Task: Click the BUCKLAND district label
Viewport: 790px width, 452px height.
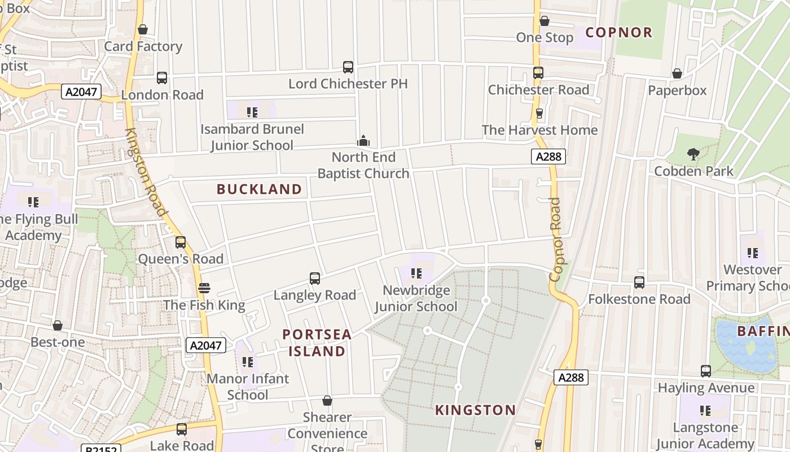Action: click(x=260, y=189)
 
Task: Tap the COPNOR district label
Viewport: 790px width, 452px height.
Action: click(x=618, y=32)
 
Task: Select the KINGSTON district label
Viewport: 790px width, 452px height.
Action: click(x=475, y=410)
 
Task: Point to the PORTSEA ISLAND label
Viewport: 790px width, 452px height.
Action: click(x=317, y=342)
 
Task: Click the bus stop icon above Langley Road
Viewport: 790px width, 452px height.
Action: click(x=315, y=278)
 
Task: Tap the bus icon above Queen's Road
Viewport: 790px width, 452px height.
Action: click(x=181, y=242)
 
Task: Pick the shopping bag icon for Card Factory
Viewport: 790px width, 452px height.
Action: click(x=143, y=29)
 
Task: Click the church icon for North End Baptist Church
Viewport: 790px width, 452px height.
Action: click(x=363, y=140)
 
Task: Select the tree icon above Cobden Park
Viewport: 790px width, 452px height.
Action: click(x=693, y=154)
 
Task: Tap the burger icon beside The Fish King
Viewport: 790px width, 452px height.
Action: click(x=204, y=288)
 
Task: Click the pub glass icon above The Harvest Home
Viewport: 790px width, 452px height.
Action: click(x=539, y=113)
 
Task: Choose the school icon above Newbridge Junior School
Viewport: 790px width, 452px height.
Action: click(x=416, y=274)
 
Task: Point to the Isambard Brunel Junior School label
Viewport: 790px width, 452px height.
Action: click(x=252, y=137)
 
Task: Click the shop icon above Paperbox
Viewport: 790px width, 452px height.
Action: click(x=677, y=73)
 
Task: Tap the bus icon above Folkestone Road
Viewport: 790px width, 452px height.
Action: click(x=639, y=282)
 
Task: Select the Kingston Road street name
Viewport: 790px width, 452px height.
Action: click(x=146, y=172)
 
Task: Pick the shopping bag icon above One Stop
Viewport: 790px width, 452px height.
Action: click(x=545, y=21)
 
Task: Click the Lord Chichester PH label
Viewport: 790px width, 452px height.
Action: click(x=348, y=84)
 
